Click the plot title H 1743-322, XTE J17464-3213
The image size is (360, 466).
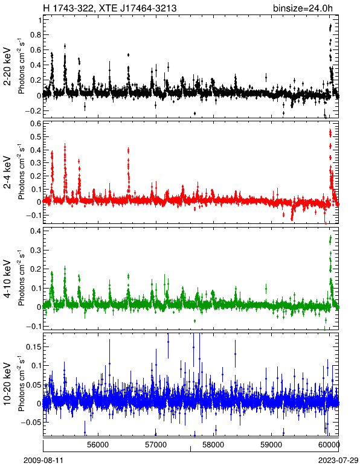(x=110, y=8)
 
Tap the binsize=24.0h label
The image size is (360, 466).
(x=303, y=8)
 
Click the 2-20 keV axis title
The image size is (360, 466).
(x=7, y=66)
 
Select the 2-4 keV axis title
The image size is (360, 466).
(x=7, y=173)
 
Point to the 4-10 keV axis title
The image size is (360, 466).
(x=7, y=278)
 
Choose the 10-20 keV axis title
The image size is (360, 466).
(x=7, y=384)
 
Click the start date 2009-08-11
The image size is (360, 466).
(x=43, y=461)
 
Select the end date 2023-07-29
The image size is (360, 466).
(x=338, y=461)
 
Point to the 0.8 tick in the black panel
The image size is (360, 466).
(x=36, y=35)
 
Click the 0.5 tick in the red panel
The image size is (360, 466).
(x=36, y=136)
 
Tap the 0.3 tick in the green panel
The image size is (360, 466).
(x=36, y=251)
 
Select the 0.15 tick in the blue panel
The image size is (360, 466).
(x=34, y=347)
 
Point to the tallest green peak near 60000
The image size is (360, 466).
(x=330, y=238)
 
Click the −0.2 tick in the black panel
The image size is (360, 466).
(x=34, y=111)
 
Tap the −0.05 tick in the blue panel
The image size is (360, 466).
(x=32, y=422)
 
